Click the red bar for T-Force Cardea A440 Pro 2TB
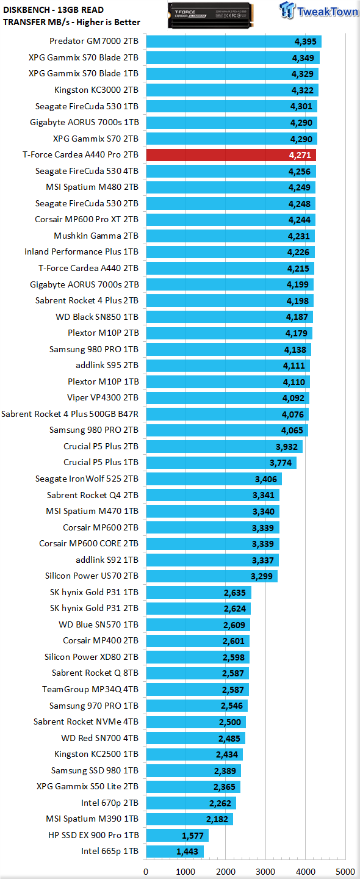[231, 155]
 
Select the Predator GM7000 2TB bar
[234, 42]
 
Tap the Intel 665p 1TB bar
[175, 851]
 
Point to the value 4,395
[305, 42]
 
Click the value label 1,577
[193, 836]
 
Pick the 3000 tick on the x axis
[265, 872]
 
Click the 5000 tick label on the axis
[345, 872]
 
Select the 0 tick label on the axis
[146, 872]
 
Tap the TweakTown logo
[319, 10]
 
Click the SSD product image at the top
[211, 15]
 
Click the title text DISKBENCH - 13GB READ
[53, 10]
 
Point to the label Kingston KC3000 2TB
[96, 90]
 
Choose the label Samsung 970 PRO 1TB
[94, 706]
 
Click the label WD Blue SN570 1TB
[98, 624]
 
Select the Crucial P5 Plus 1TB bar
[221, 463]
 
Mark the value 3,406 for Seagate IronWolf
[266, 479]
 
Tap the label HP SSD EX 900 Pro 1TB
[93, 835]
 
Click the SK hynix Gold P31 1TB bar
[198, 593]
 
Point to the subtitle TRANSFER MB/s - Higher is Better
[71, 22]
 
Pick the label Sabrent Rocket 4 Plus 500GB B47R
[70, 414]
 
